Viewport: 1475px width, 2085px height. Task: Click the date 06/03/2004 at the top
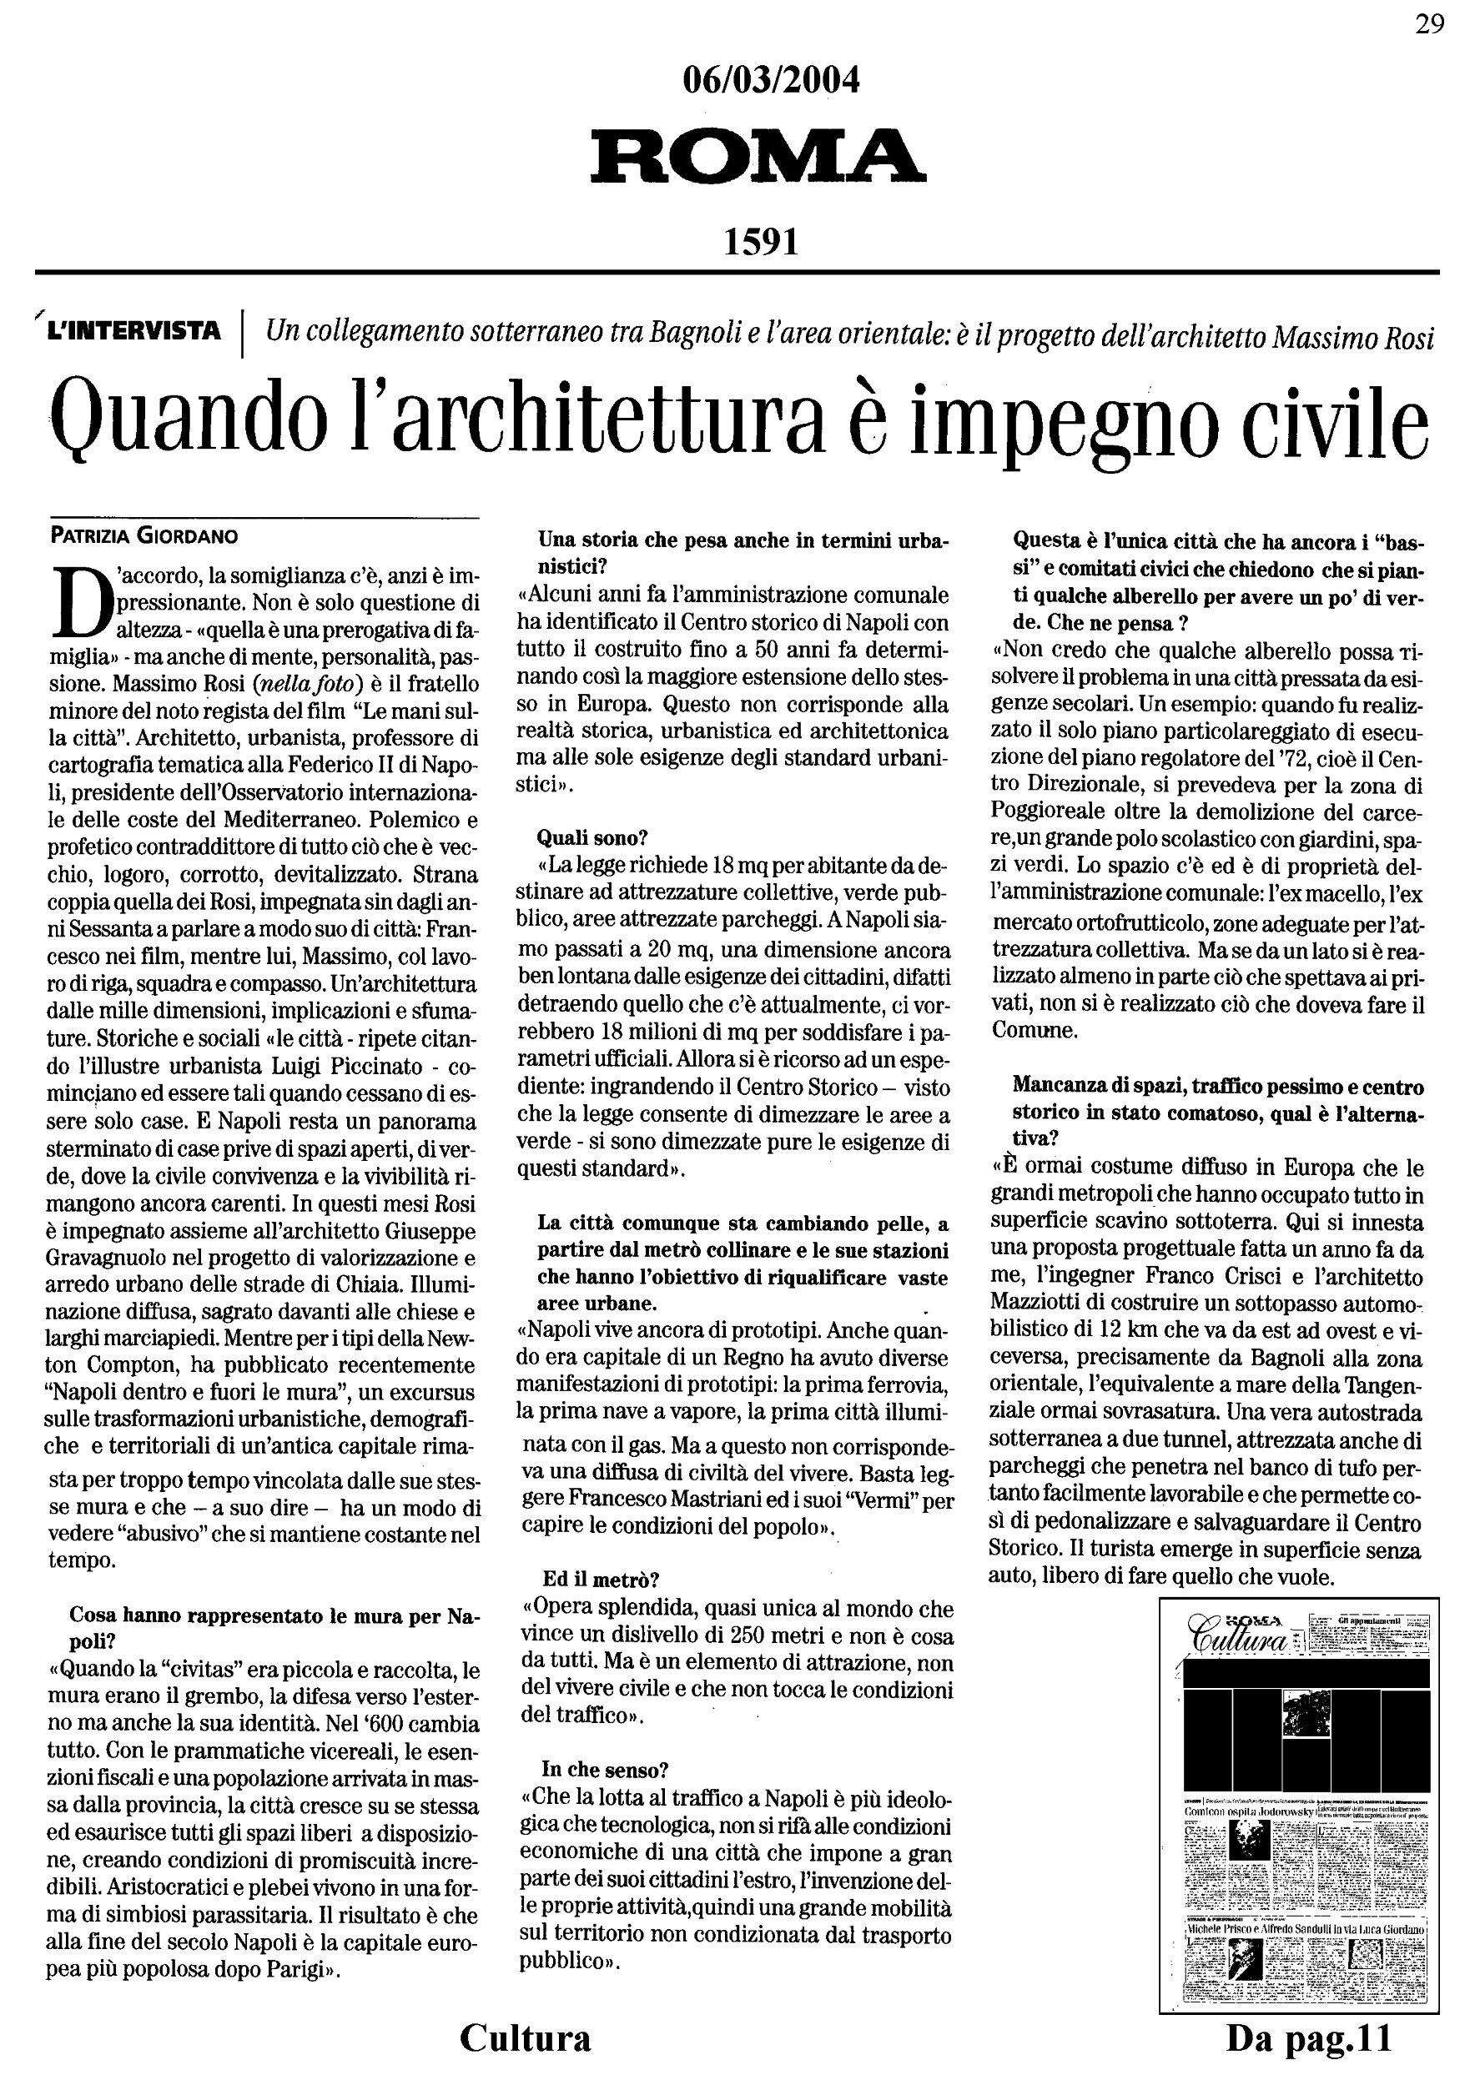[770, 82]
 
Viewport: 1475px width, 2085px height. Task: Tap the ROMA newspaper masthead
[758, 156]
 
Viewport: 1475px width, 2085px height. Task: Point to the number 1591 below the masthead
[761, 242]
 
